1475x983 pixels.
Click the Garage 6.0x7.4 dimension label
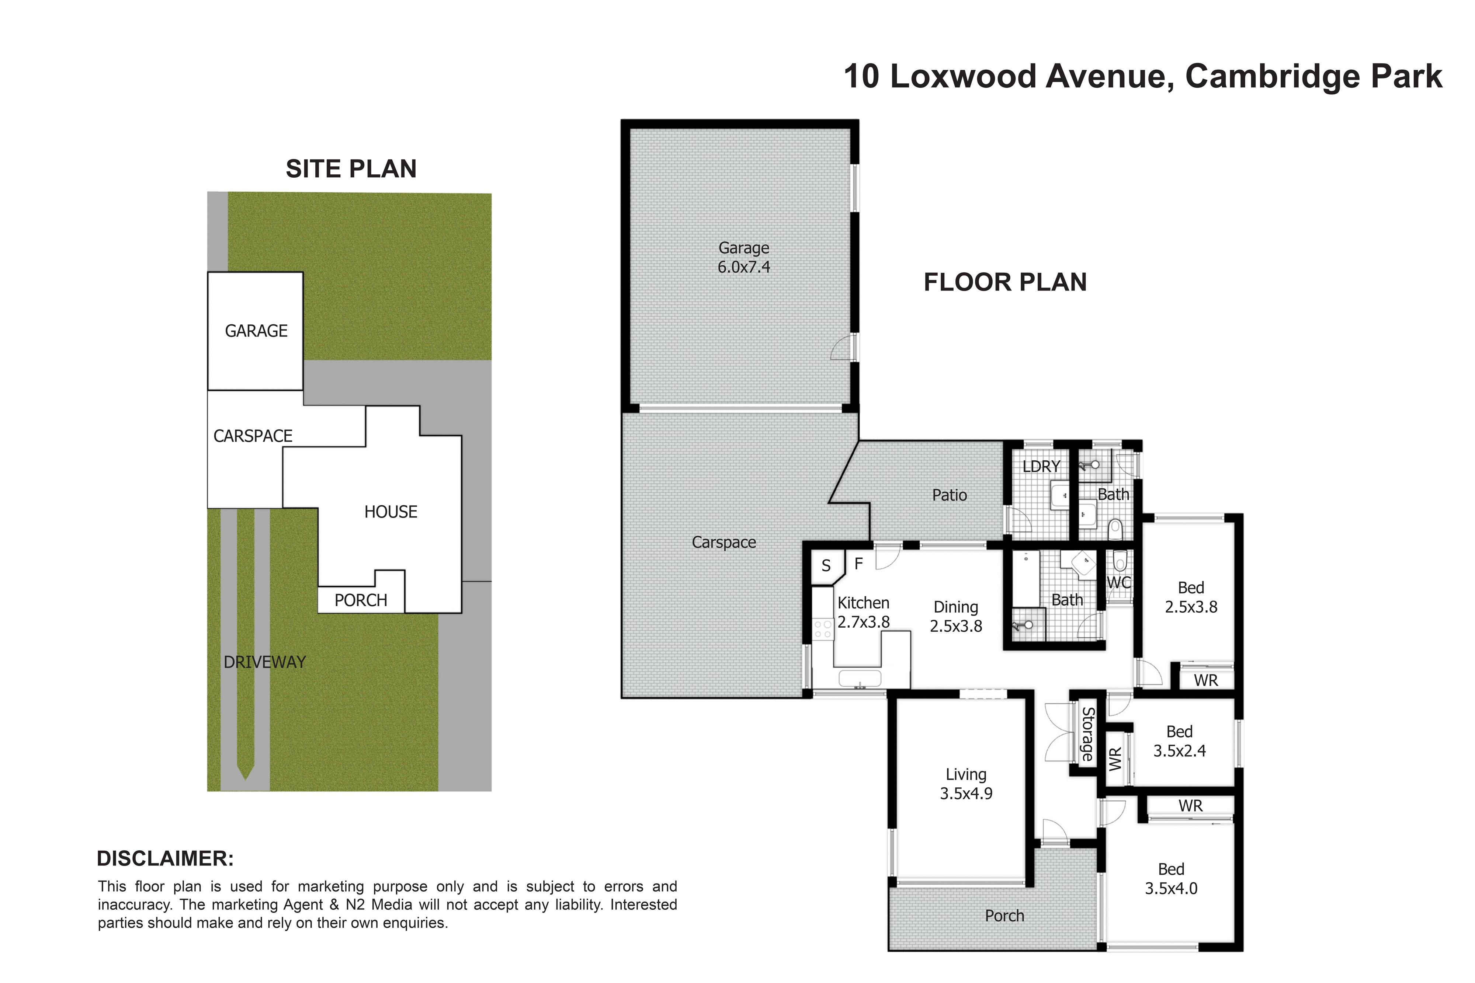click(x=744, y=257)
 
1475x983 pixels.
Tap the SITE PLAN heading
click(x=351, y=169)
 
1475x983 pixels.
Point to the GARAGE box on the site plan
click(x=255, y=331)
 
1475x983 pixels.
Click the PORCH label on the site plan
click(x=361, y=600)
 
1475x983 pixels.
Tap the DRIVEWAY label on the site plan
click(x=265, y=662)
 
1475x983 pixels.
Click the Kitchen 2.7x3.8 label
click(x=864, y=613)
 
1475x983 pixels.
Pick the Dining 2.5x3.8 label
click(x=956, y=616)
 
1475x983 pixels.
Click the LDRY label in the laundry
click(x=1041, y=466)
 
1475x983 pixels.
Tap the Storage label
click(x=1088, y=734)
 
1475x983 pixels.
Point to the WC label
click(x=1119, y=582)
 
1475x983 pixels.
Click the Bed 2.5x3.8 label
click(x=1191, y=597)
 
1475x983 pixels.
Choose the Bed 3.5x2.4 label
click(x=1180, y=741)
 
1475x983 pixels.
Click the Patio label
click(x=950, y=495)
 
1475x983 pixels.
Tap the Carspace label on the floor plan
click(x=724, y=542)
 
